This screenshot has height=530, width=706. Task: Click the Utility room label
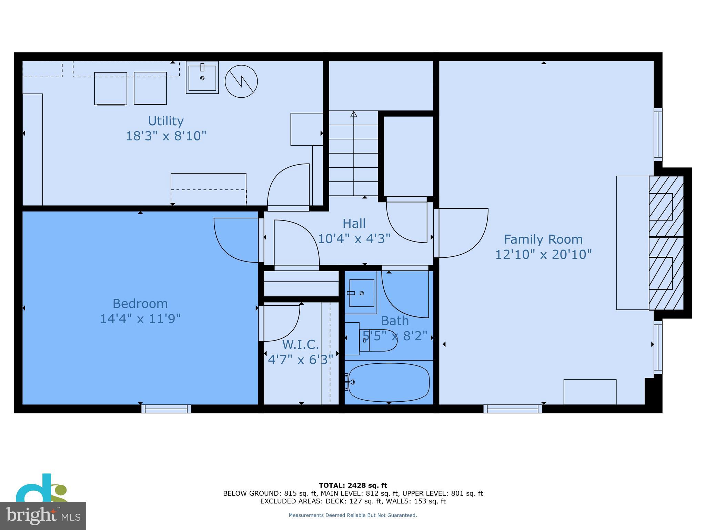pos(166,121)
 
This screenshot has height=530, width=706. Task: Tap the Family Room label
pos(543,239)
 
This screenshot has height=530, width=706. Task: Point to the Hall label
pos(354,224)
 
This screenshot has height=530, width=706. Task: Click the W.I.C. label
pos(300,345)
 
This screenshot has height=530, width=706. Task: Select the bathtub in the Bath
pos(389,382)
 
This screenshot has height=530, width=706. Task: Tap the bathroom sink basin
pos(362,293)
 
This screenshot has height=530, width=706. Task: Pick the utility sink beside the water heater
pos(202,78)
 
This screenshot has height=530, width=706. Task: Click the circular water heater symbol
pos(241,81)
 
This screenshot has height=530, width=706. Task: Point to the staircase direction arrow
pos(354,114)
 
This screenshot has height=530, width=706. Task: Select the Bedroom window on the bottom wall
pos(166,409)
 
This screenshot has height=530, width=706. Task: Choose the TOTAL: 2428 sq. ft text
pos(353,485)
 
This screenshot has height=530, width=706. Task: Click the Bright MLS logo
pos(43,515)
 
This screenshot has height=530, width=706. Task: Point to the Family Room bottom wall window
pos(513,409)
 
